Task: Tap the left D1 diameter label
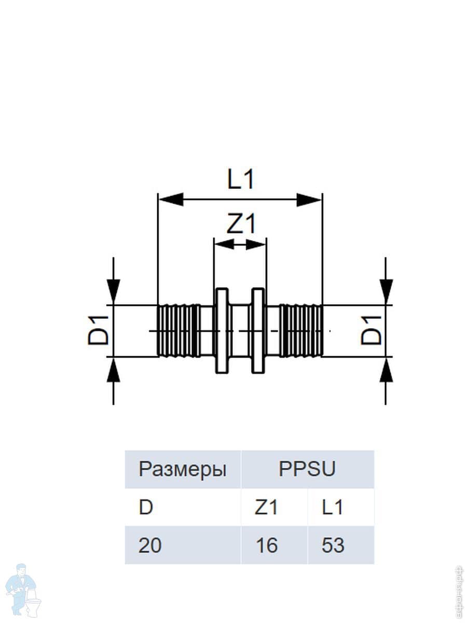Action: coord(98,331)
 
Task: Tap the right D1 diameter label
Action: coord(372,331)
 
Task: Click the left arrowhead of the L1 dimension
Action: coord(171,199)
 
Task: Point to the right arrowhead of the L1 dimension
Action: coord(309,199)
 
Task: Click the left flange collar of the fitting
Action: coord(222,331)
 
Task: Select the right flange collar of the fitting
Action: coord(258,331)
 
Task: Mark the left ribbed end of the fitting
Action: coord(177,331)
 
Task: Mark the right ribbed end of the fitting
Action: coord(301,331)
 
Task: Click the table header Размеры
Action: coord(182,469)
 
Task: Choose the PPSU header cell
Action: coord(307,469)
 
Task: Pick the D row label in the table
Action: coord(146,507)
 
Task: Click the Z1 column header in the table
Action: coord(266,507)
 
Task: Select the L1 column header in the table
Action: coord(333,507)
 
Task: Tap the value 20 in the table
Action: coord(150,545)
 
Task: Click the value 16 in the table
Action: coord(266,545)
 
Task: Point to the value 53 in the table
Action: coord(333,545)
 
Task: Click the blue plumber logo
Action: coord(24,589)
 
